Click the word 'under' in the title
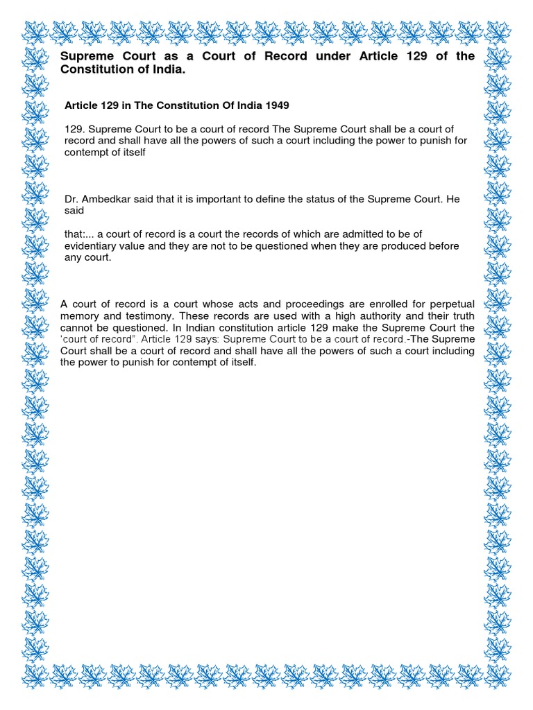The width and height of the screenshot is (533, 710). [x=335, y=56]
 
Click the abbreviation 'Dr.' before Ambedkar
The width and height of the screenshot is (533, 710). [x=71, y=199]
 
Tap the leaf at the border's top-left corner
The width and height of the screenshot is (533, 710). [x=35, y=31]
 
